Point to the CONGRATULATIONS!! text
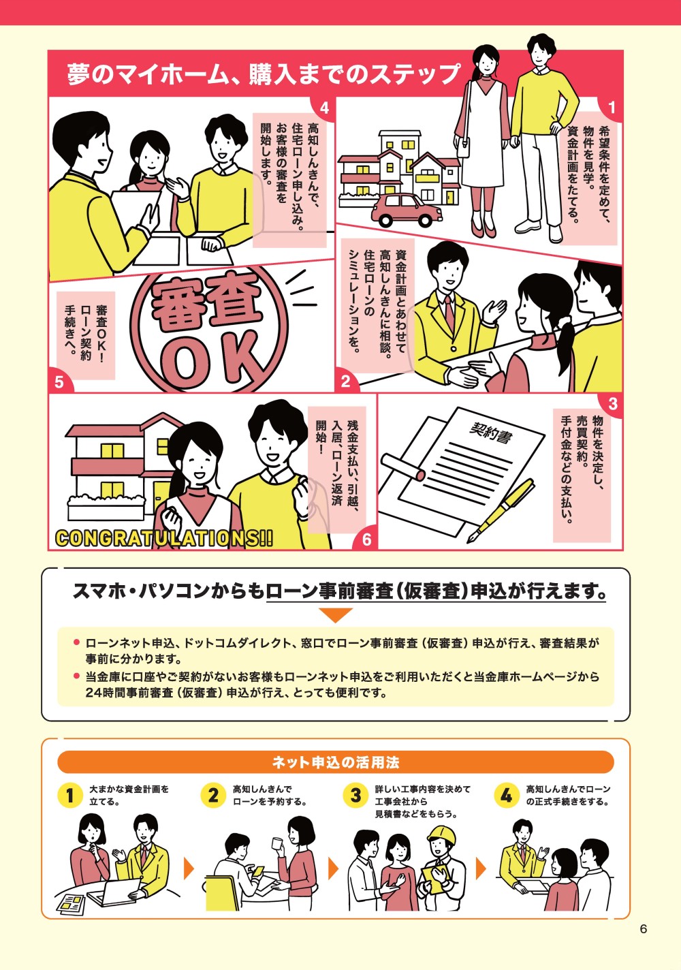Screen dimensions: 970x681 [x=163, y=538]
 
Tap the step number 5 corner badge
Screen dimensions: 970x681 [x=59, y=382]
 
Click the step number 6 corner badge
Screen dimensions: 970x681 [x=366, y=539]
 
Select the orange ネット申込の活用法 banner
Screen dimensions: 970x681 [x=336, y=762]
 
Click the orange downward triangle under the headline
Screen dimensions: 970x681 [x=335, y=615]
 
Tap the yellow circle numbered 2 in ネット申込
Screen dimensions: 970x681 [x=214, y=795]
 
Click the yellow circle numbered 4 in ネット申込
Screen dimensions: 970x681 [x=506, y=795]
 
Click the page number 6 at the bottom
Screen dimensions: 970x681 [x=643, y=929]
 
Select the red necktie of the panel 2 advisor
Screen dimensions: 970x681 [x=449, y=310]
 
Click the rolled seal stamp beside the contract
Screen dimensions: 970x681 [x=404, y=466]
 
